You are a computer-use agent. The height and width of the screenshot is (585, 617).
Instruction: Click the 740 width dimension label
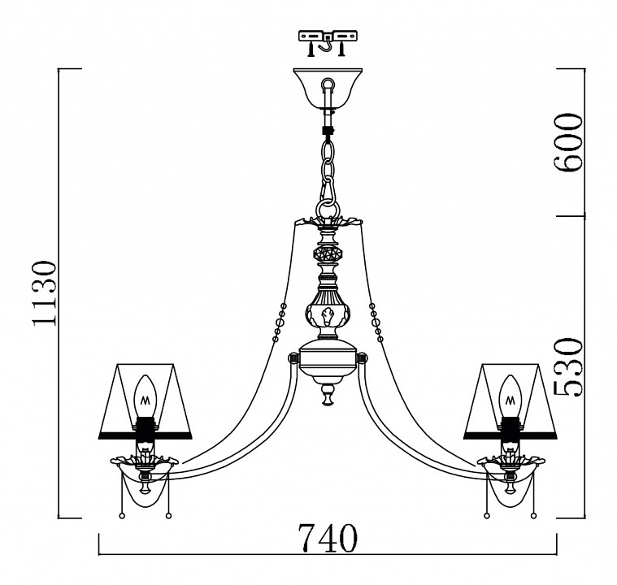coord(328,538)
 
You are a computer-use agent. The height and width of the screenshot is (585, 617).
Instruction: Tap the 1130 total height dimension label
coord(45,294)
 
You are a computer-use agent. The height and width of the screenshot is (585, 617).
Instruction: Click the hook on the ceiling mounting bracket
coord(328,42)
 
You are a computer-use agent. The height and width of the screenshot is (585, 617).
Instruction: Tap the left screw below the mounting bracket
coord(311,50)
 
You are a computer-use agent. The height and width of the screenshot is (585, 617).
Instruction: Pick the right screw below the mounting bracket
coord(342,50)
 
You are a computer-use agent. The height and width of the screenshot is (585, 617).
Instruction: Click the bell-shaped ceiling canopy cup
coord(328,89)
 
